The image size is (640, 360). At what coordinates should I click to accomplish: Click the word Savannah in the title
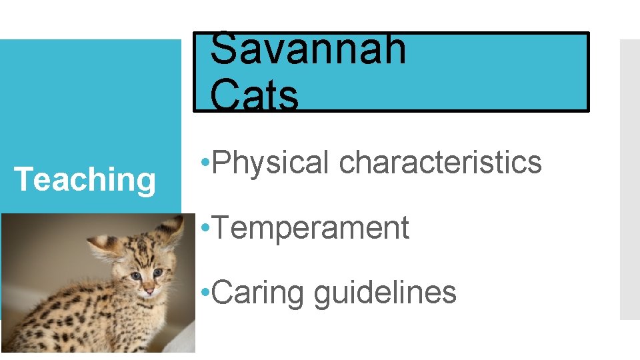pos(308,48)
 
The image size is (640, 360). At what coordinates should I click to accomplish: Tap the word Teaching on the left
pos(85,179)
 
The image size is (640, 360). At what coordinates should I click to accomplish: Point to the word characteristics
pos(440,162)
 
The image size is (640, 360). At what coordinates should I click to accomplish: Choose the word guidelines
pos(385,292)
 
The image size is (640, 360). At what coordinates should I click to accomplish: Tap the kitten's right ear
pos(171,230)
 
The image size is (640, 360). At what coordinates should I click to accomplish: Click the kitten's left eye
pos(135,275)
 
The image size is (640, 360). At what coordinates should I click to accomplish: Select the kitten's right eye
pos(159,272)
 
